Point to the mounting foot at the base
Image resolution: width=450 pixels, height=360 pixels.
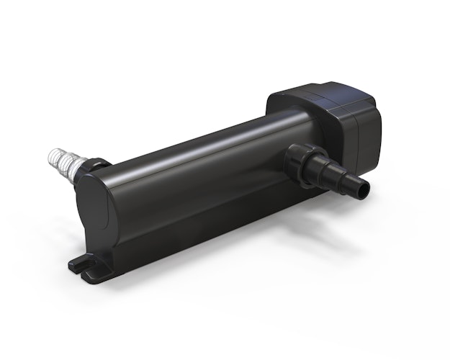click(86, 266)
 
